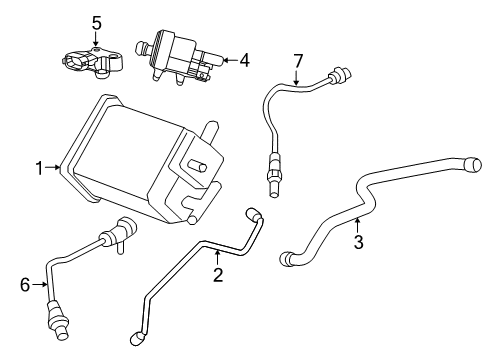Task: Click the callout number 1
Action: tap(39, 169)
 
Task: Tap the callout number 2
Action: tap(217, 275)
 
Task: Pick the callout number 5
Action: tap(96, 22)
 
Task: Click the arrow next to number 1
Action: tap(54, 169)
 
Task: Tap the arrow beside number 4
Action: tap(228, 59)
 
